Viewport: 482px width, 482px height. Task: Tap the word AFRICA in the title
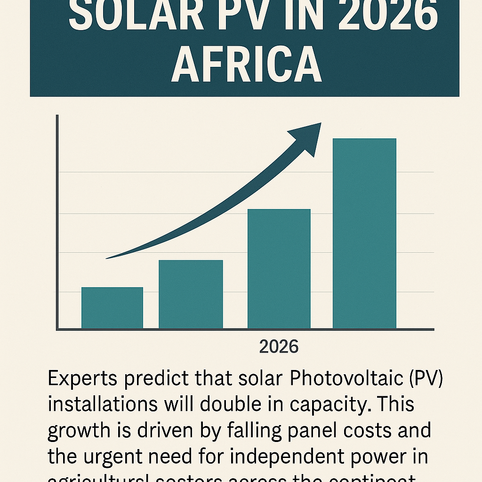(x=246, y=66)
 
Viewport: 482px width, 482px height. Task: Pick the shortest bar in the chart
(x=112, y=308)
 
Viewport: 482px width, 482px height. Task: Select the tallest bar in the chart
(x=364, y=233)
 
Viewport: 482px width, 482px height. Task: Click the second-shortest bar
(x=191, y=294)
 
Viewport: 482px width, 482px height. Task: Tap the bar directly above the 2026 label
(x=279, y=268)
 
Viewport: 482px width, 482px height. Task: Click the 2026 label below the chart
(x=279, y=347)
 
